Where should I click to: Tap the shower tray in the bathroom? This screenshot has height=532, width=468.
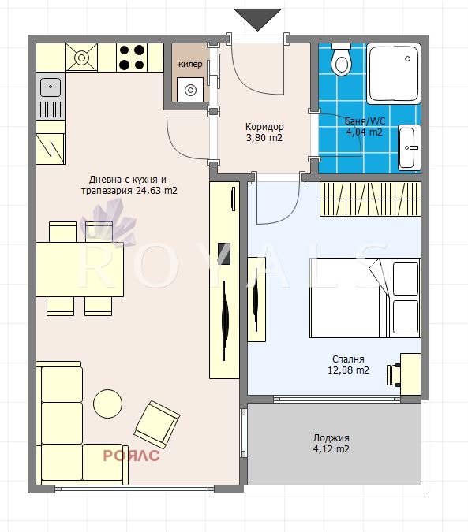(394, 73)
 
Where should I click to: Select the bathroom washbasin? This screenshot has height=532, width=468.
(410, 147)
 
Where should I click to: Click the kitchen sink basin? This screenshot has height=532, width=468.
(51, 87)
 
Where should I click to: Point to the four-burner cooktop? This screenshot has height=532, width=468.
(132, 58)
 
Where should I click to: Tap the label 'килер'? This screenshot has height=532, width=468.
(190, 64)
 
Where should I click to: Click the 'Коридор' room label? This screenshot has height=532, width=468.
(264, 127)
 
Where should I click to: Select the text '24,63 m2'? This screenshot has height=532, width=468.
(156, 191)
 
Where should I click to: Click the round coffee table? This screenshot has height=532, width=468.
(107, 404)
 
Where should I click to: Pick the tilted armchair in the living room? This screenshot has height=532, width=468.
(157, 425)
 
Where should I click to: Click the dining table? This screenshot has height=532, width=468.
(80, 270)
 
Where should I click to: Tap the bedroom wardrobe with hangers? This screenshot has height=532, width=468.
(370, 199)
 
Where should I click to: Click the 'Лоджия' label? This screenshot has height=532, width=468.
(331, 437)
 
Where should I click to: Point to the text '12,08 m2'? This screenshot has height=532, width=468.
(348, 370)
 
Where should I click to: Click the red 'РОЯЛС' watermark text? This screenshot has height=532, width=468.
(131, 456)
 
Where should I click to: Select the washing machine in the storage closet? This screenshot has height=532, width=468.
(190, 90)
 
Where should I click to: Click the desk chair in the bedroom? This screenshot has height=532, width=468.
(394, 375)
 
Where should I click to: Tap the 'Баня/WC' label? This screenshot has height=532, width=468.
(365, 121)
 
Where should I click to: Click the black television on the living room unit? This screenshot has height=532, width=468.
(224, 254)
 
